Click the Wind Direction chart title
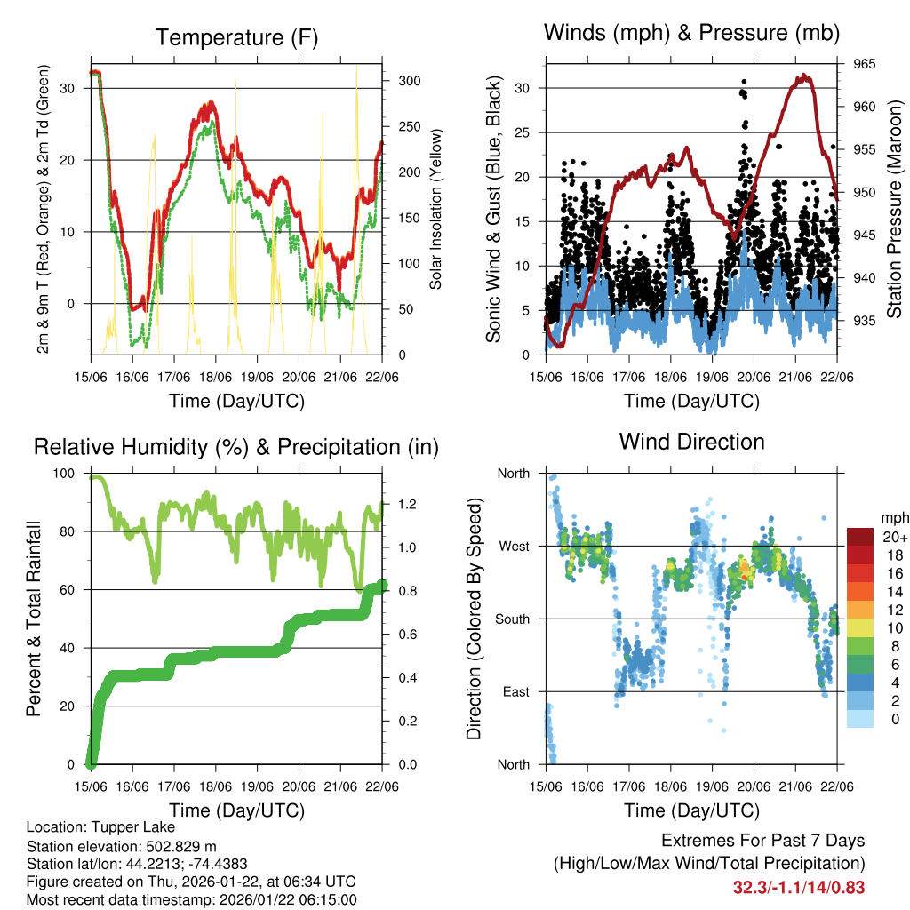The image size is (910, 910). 691,441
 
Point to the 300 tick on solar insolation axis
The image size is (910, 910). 408,81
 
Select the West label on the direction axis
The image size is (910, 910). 514,546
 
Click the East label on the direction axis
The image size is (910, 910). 515,691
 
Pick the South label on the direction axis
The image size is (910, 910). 512,619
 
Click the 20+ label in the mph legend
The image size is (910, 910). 894,537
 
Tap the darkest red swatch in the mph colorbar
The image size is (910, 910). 859,537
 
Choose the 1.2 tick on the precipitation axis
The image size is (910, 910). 406,504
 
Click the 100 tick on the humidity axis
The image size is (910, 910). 66,474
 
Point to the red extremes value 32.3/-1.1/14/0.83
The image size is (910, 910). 798,887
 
